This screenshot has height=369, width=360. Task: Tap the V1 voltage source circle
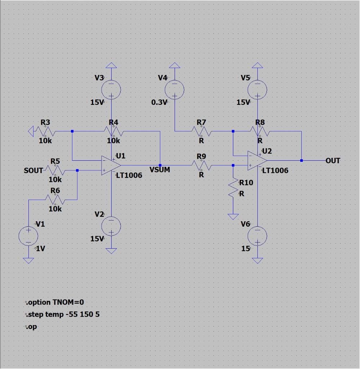(28, 236)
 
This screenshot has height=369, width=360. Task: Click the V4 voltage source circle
(175, 89)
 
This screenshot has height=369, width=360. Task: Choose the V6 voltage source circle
(257, 236)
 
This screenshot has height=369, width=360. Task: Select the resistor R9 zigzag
(202, 165)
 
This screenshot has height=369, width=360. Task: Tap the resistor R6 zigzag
(55, 198)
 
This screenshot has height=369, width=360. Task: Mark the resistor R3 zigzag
(45, 131)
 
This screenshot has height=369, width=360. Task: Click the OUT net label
(333, 161)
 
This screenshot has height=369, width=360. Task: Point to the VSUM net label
(159, 169)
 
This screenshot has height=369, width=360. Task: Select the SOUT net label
(33, 170)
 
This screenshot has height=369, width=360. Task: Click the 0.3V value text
(159, 102)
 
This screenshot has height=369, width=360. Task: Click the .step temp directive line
(63, 314)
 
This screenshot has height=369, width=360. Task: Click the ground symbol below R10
(233, 216)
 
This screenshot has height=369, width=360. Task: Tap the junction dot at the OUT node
(301, 160)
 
